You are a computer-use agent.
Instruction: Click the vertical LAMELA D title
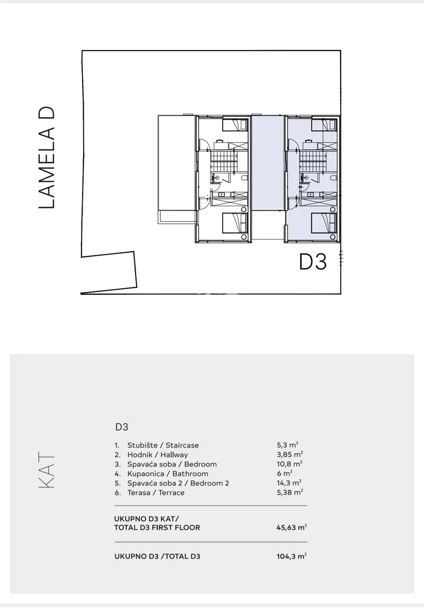47,158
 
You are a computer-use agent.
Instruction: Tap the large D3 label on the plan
313,262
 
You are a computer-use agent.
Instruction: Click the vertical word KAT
47,471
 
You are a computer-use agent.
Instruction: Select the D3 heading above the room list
121,427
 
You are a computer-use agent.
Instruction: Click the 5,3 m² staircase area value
287,445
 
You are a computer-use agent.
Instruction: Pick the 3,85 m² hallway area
290,454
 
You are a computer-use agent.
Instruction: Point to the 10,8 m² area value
289,464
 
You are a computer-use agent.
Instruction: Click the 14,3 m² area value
289,483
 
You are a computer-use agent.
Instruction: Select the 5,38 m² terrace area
290,493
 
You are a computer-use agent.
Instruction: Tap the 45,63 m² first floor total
292,527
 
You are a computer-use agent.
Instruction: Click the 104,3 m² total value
292,556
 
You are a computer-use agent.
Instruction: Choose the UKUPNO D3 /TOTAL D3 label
157,556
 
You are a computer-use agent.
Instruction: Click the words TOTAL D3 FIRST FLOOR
157,527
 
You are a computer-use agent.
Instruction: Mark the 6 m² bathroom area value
285,473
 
